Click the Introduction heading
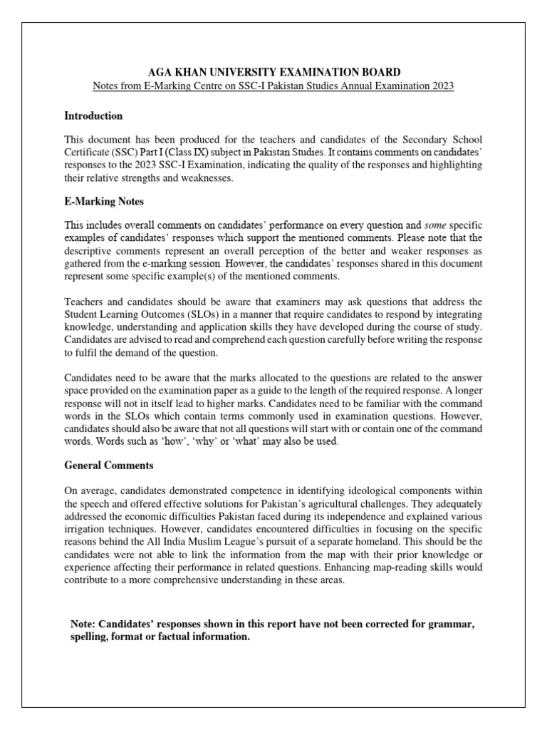[93, 115]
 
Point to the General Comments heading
[108, 466]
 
